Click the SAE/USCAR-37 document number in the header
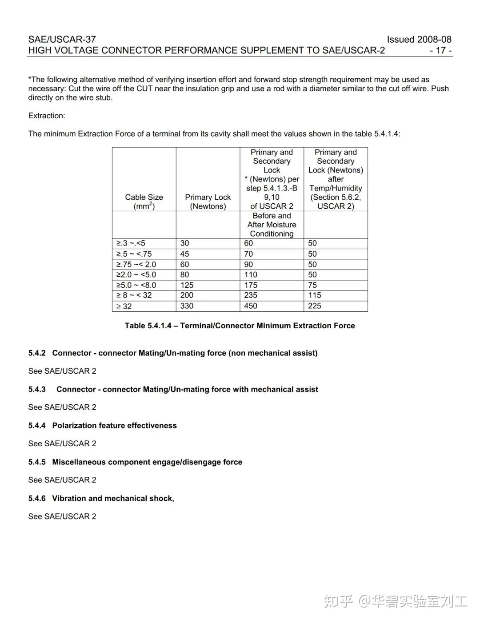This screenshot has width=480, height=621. (x=62, y=39)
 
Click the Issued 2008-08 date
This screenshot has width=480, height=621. (x=419, y=39)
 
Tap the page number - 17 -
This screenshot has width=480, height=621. (x=440, y=50)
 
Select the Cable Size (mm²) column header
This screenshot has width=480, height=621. (x=144, y=202)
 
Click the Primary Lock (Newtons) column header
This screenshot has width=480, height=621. (x=208, y=202)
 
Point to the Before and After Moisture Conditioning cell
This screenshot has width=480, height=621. (x=272, y=225)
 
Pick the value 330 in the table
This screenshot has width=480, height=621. (x=187, y=306)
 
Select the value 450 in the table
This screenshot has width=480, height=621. (x=251, y=306)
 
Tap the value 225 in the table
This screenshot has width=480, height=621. (x=315, y=306)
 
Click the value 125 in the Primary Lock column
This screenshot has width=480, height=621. (x=187, y=285)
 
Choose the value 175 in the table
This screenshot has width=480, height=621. (x=251, y=285)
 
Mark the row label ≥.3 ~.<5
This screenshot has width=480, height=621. (x=131, y=243)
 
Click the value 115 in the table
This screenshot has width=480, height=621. (x=315, y=295)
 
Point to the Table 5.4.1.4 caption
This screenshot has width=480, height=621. (x=240, y=326)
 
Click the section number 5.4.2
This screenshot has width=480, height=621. (x=37, y=353)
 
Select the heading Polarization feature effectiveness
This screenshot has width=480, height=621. (x=114, y=426)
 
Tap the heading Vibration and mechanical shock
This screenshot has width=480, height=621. (x=113, y=498)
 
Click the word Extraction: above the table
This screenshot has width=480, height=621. (x=47, y=116)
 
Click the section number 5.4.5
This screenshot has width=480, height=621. (x=37, y=462)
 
